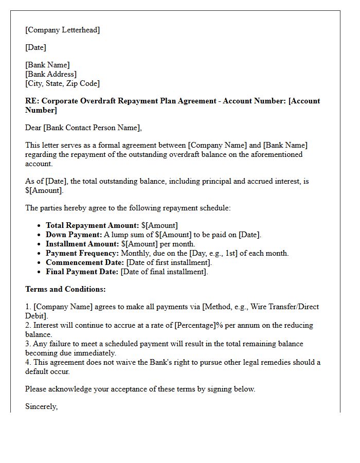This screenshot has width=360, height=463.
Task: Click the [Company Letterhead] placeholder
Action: [x=62, y=30]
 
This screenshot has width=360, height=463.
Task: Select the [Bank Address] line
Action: [x=50, y=74]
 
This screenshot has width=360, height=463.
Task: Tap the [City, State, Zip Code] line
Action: [x=62, y=83]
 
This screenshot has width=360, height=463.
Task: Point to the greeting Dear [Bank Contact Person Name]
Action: [x=83, y=128]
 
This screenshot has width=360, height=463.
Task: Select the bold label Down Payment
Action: [x=73, y=235]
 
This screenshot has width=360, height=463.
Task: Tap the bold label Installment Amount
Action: [x=82, y=244]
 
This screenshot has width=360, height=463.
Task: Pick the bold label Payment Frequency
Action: [x=82, y=253]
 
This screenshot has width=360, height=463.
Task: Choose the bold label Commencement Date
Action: [x=84, y=262]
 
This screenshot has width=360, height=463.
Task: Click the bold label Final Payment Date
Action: [x=82, y=272]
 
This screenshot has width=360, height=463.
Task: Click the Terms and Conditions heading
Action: [x=65, y=289]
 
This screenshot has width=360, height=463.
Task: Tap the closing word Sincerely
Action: [x=42, y=406]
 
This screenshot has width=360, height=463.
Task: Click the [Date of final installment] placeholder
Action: [x=164, y=272]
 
